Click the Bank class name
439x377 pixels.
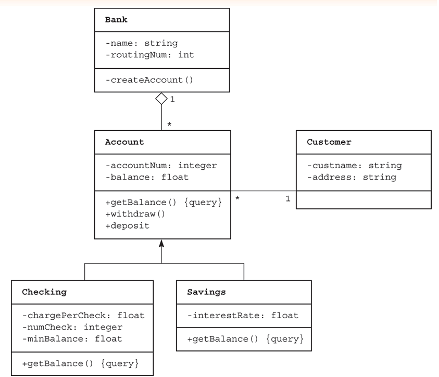pyautogui.click(x=116, y=20)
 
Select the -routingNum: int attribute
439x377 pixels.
pyautogui.click(x=149, y=55)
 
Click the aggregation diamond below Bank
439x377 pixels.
pyautogui.click(x=161, y=98)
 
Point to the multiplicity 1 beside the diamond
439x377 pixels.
pyautogui.click(x=172, y=99)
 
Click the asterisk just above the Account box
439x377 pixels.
pyautogui.click(x=169, y=125)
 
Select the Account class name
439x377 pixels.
pyautogui.click(x=124, y=142)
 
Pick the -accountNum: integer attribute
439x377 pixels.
pyautogui.click(x=161, y=166)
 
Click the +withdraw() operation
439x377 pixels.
pyautogui.click(x=135, y=213)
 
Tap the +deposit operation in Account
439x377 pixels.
pyautogui.click(x=127, y=226)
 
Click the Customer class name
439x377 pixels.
pyautogui.click(x=329, y=142)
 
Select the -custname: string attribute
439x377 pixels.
pyautogui.click(x=354, y=166)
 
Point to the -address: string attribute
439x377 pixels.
pyautogui.click(x=351, y=178)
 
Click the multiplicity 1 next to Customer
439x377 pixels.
pyautogui.click(x=287, y=199)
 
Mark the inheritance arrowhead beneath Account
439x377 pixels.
pyautogui.click(x=161, y=243)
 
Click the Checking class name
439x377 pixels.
pyautogui.click(x=44, y=292)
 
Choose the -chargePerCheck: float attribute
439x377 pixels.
pyautogui.click(x=83, y=315)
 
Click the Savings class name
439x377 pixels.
pyautogui.click(x=206, y=292)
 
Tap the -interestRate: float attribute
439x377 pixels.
pyautogui.click(x=243, y=315)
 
